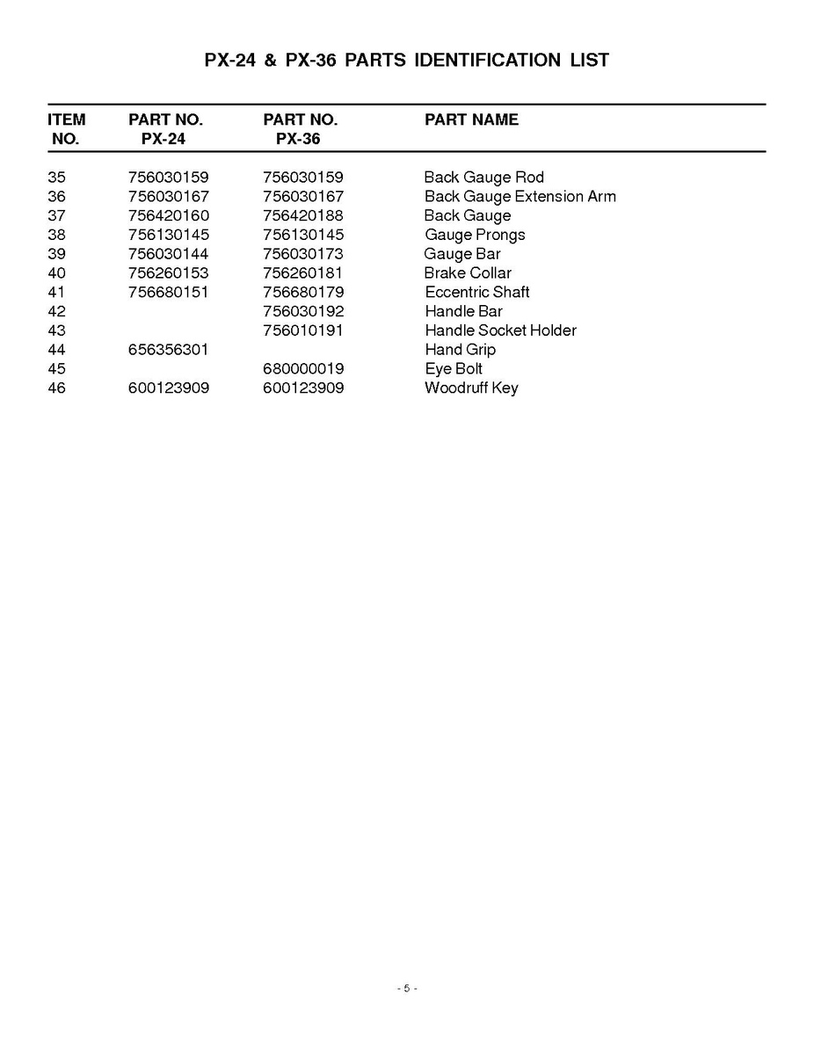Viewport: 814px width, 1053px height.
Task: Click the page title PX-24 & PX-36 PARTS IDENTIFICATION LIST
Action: click(x=406, y=61)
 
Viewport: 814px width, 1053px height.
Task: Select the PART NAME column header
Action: click(x=471, y=120)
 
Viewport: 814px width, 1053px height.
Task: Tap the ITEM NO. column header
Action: click(x=67, y=129)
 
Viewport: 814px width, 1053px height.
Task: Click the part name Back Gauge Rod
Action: click(x=483, y=178)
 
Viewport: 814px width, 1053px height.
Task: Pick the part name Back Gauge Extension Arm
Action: click(x=520, y=197)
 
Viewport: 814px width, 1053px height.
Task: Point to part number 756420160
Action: click(x=169, y=216)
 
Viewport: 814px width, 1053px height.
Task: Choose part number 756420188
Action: click(x=303, y=216)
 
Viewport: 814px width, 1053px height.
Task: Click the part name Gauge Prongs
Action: click(x=475, y=236)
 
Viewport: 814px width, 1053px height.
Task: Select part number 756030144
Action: click(x=169, y=255)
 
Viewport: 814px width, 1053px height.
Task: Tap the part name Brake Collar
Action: click(x=468, y=273)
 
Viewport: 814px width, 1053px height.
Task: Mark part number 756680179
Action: click(x=303, y=293)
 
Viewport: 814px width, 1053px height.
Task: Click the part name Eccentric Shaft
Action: click(x=477, y=293)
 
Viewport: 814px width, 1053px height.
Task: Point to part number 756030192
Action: click(x=303, y=312)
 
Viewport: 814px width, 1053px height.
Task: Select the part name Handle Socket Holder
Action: click(x=500, y=331)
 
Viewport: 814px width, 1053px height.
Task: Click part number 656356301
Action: click(x=169, y=351)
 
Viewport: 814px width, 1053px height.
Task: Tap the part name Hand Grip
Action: click(x=460, y=351)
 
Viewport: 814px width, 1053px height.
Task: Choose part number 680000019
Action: click(x=303, y=369)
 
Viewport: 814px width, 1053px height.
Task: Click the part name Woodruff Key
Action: click(x=471, y=389)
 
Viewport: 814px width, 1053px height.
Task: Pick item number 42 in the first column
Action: click(x=56, y=312)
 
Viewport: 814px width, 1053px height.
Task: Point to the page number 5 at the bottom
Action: click(x=406, y=989)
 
